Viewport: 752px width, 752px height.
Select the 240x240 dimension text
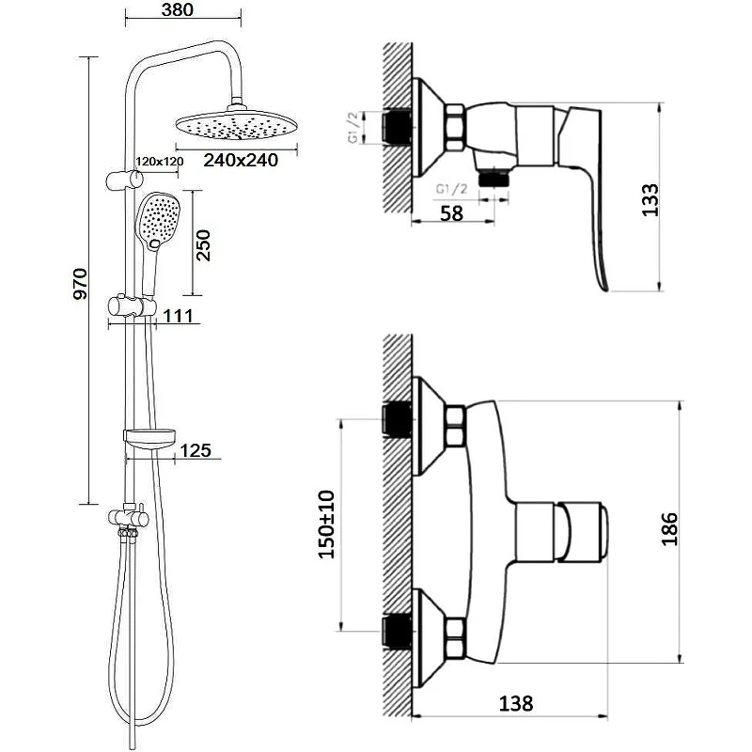[x=240, y=161]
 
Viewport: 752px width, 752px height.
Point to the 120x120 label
[x=159, y=162]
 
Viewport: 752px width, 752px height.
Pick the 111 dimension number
[x=178, y=317]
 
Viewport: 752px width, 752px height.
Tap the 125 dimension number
[x=195, y=451]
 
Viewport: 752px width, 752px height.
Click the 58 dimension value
[x=452, y=212]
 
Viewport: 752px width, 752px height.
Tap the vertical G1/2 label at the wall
[x=353, y=127]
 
